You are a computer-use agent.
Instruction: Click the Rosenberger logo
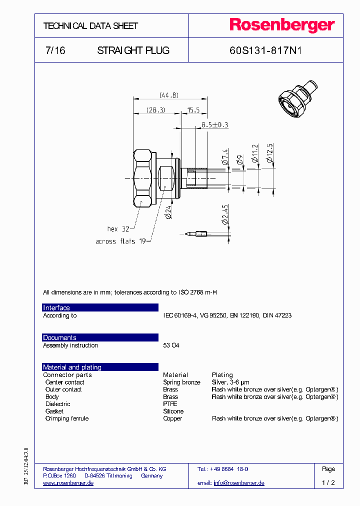(281, 25)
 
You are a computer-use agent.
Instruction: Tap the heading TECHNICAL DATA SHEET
(90, 26)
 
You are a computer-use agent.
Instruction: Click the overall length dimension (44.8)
(168, 95)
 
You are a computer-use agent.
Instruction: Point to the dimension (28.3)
(155, 109)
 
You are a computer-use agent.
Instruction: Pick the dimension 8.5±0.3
(214, 124)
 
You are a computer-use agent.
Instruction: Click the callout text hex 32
(118, 228)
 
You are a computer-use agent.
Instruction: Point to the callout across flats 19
(120, 241)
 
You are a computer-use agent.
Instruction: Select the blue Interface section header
(100, 307)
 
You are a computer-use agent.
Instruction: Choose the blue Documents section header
(100, 337)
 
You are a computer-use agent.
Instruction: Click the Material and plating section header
(100, 367)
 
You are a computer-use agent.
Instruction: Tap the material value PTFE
(170, 404)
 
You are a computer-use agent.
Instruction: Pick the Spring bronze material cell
(181, 382)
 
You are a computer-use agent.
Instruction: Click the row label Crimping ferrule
(66, 418)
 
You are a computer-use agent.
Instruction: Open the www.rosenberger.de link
(68, 483)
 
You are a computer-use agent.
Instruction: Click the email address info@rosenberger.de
(239, 483)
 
